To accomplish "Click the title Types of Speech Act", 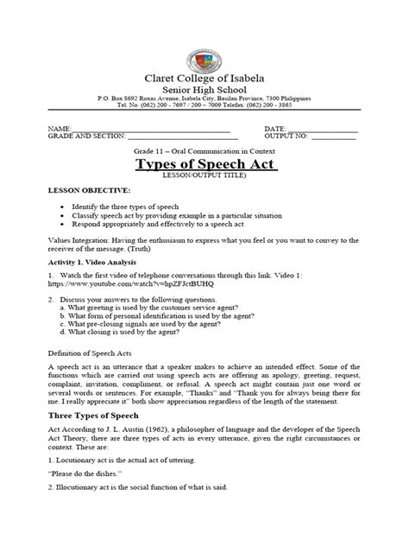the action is point(204,166).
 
